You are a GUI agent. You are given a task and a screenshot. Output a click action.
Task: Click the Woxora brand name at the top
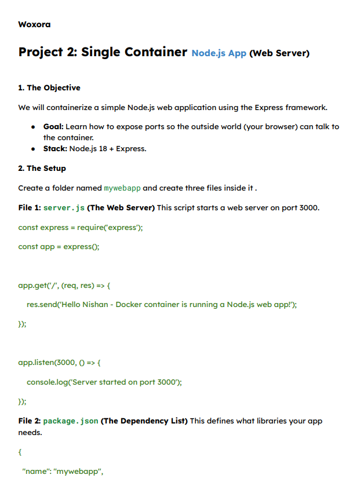[34, 24]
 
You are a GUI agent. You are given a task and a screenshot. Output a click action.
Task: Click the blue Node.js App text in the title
[219, 53]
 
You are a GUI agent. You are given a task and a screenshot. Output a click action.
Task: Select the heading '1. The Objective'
[49, 88]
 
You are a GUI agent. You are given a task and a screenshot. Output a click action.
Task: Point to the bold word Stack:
[55, 149]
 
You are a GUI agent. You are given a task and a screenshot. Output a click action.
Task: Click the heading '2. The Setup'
[42, 169]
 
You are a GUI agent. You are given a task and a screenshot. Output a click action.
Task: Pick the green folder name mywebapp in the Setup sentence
[122, 188]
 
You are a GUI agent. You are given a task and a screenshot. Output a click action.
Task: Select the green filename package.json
[70, 421]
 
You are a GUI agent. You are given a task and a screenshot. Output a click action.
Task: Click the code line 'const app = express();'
[59, 247]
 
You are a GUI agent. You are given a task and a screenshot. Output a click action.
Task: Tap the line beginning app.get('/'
[64, 286]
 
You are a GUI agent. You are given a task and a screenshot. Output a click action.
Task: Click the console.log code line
[104, 382]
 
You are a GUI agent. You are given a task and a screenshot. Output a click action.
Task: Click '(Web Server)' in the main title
[279, 53]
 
